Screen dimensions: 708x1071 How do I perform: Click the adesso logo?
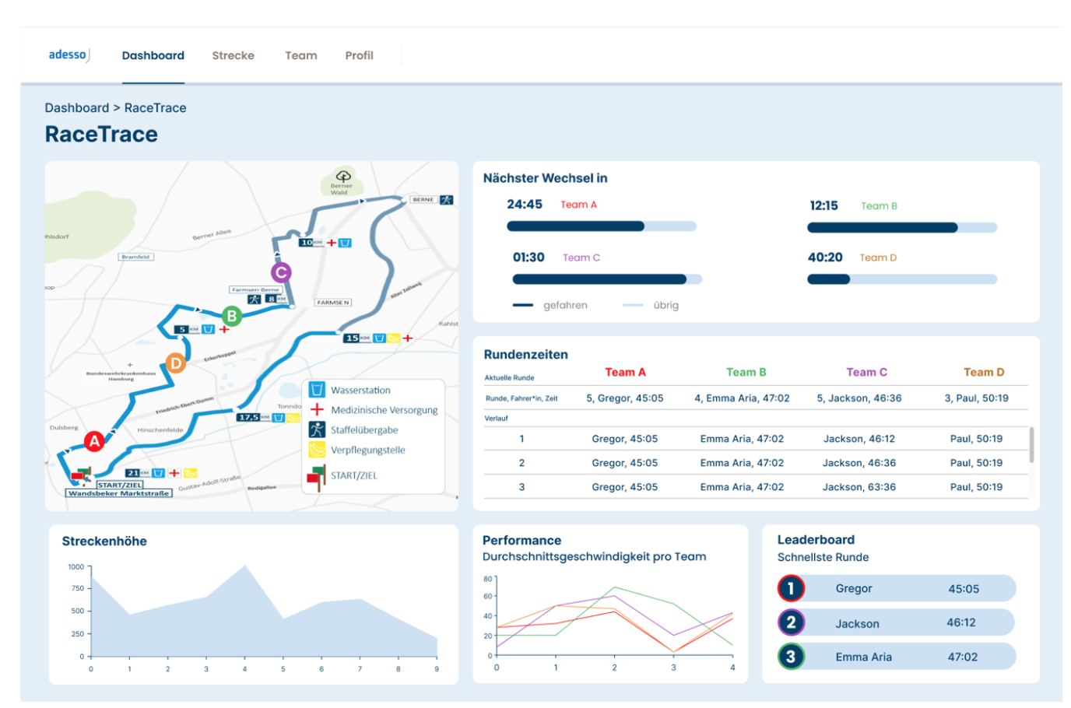click(68, 55)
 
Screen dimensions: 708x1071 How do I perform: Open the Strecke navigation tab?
click(233, 55)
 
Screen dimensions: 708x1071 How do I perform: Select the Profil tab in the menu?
click(359, 55)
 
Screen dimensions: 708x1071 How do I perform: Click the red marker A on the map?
click(94, 441)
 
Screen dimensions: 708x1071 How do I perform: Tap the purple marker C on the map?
click(281, 272)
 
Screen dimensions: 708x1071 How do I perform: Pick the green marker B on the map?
click(231, 316)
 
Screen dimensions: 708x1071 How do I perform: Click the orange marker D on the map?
click(176, 363)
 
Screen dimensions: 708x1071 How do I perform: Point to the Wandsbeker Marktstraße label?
click(118, 493)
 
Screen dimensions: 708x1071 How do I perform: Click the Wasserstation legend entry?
click(360, 390)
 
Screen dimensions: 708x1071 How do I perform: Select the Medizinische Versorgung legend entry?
click(384, 410)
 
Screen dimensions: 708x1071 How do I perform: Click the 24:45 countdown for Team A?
click(525, 205)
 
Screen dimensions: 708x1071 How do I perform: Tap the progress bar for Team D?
click(901, 279)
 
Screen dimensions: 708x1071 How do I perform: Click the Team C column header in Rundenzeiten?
click(866, 372)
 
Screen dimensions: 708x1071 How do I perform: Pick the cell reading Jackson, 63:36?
click(859, 487)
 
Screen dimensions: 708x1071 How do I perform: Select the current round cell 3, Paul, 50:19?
click(976, 398)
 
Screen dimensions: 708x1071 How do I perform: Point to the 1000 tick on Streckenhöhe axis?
click(76, 567)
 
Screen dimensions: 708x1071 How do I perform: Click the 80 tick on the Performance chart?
click(488, 579)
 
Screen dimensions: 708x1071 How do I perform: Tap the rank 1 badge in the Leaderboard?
click(790, 588)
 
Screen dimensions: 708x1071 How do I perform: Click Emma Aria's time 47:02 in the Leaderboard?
click(962, 657)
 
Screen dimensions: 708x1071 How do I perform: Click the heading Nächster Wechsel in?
click(545, 178)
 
